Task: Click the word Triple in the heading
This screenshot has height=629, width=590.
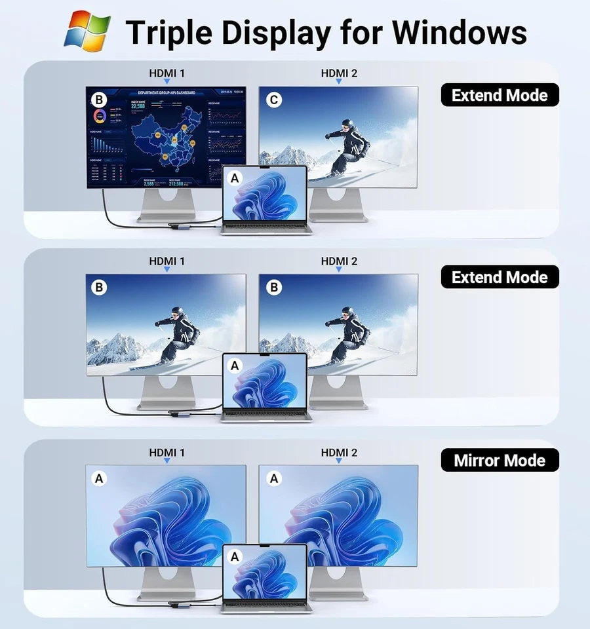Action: click(x=170, y=31)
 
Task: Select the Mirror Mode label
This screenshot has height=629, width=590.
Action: click(x=500, y=460)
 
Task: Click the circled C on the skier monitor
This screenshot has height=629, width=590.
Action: click(x=274, y=100)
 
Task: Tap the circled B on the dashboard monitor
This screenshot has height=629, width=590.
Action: click(x=99, y=100)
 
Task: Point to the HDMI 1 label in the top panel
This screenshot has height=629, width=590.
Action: click(x=167, y=73)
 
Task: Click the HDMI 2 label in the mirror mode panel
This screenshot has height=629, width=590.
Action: click(x=339, y=452)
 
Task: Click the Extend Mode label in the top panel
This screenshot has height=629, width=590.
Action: click(x=500, y=95)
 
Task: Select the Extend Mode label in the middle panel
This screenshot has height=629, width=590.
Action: click(x=500, y=277)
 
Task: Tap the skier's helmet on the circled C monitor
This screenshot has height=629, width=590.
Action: click(x=347, y=124)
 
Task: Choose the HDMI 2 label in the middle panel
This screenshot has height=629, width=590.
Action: click(x=339, y=261)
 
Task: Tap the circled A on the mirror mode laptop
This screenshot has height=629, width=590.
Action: click(x=235, y=556)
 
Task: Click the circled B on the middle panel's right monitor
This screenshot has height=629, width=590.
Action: click(x=274, y=287)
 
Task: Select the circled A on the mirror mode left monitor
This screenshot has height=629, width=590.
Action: click(x=99, y=479)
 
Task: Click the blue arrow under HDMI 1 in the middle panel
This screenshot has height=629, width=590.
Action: click(x=167, y=269)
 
